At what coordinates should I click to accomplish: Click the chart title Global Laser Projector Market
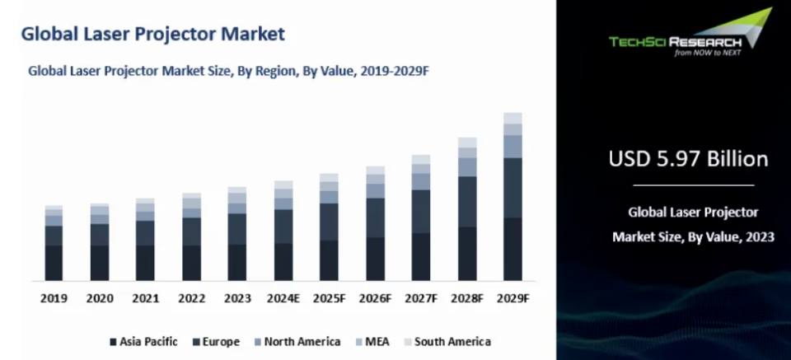pos(153,35)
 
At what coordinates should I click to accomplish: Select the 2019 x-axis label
pos(54,298)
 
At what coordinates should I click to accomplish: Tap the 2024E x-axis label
pos(283,298)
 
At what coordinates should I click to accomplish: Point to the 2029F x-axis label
pos(513,298)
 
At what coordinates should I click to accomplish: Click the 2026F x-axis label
pos(376,298)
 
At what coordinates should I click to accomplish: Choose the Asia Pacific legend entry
pos(143,342)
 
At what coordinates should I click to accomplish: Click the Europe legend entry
pos(216,342)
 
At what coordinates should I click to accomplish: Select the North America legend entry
pos(297,342)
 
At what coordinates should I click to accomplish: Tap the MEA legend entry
pos(372,342)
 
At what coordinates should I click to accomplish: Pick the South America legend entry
pos(447,342)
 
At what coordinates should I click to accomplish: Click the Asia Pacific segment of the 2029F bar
pos(513,249)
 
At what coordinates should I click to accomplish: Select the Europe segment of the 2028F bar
pos(467,202)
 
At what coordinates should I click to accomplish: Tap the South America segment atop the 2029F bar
pos(513,118)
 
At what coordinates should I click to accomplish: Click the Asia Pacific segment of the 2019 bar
pos(54,263)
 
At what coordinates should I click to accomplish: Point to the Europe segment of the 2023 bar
pos(237,229)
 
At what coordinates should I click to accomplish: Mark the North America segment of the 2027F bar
pos(421,181)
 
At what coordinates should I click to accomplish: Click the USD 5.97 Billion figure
pos(689,159)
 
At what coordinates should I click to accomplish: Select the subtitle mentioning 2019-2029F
pos(228,71)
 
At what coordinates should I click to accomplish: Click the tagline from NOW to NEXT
pos(708,53)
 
